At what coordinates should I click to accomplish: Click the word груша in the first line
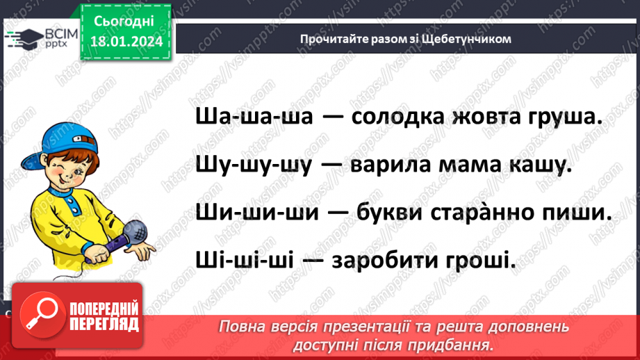coord(565,117)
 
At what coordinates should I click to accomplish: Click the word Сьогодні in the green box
coord(126,22)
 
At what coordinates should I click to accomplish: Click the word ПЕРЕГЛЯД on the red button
coord(104,324)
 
